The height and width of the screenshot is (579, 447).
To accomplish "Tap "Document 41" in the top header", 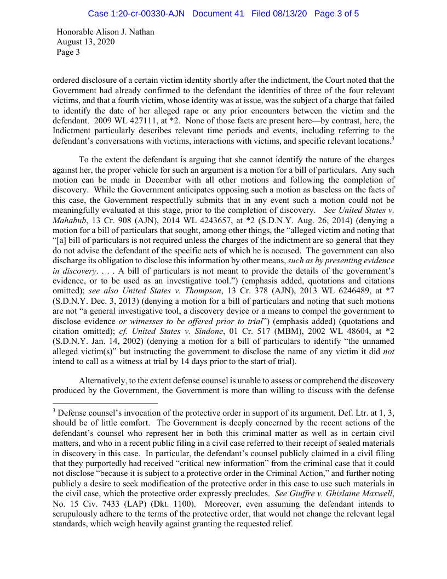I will point(218,13).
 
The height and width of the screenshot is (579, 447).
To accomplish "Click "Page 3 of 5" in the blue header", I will point(336,13).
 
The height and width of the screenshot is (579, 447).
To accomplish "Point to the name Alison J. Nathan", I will point(124,32).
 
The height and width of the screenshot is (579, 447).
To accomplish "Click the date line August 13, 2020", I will point(85,42).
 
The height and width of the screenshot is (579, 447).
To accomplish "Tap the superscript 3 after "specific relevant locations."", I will point(393,138).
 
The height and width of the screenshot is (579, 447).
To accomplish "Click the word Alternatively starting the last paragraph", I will point(105,381).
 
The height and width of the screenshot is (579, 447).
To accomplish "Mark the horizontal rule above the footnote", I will point(105,404).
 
